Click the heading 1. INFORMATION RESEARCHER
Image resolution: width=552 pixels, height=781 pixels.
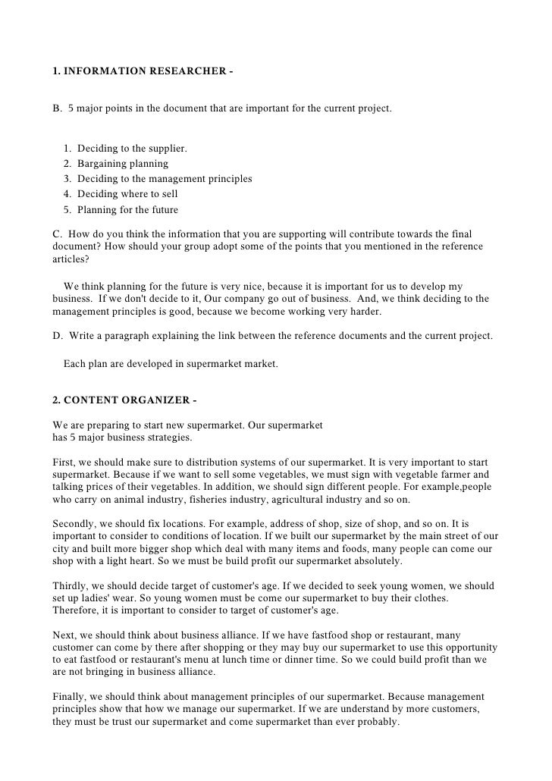coord(143,72)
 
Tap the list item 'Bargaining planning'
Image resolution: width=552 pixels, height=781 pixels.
coord(123,163)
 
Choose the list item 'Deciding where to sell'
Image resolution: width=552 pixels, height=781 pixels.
coord(127,193)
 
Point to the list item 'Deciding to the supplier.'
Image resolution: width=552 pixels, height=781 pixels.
coord(132,148)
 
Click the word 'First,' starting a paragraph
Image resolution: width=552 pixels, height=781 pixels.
coord(66,462)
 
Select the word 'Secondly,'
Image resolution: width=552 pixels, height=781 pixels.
coord(75,523)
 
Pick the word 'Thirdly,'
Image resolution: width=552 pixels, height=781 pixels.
coord(73,586)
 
